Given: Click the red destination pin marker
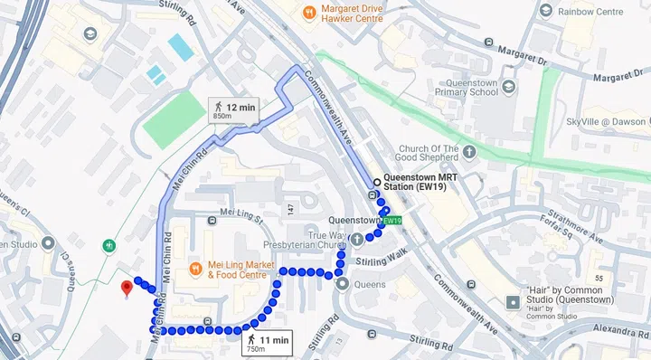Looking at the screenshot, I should click(x=127, y=288).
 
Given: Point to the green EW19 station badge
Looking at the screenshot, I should click(x=392, y=221).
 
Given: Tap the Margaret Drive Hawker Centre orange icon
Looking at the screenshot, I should click(x=309, y=13).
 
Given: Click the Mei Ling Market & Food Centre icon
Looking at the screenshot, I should click(x=194, y=269).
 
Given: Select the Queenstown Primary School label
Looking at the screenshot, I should click(x=467, y=86).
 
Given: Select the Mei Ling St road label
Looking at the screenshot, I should click(x=240, y=218).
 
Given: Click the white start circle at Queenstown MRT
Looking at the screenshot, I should click(x=376, y=182).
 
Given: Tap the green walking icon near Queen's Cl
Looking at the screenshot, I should click(x=108, y=244).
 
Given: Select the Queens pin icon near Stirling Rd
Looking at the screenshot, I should click(x=343, y=284).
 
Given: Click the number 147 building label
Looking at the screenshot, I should click(x=290, y=210).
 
